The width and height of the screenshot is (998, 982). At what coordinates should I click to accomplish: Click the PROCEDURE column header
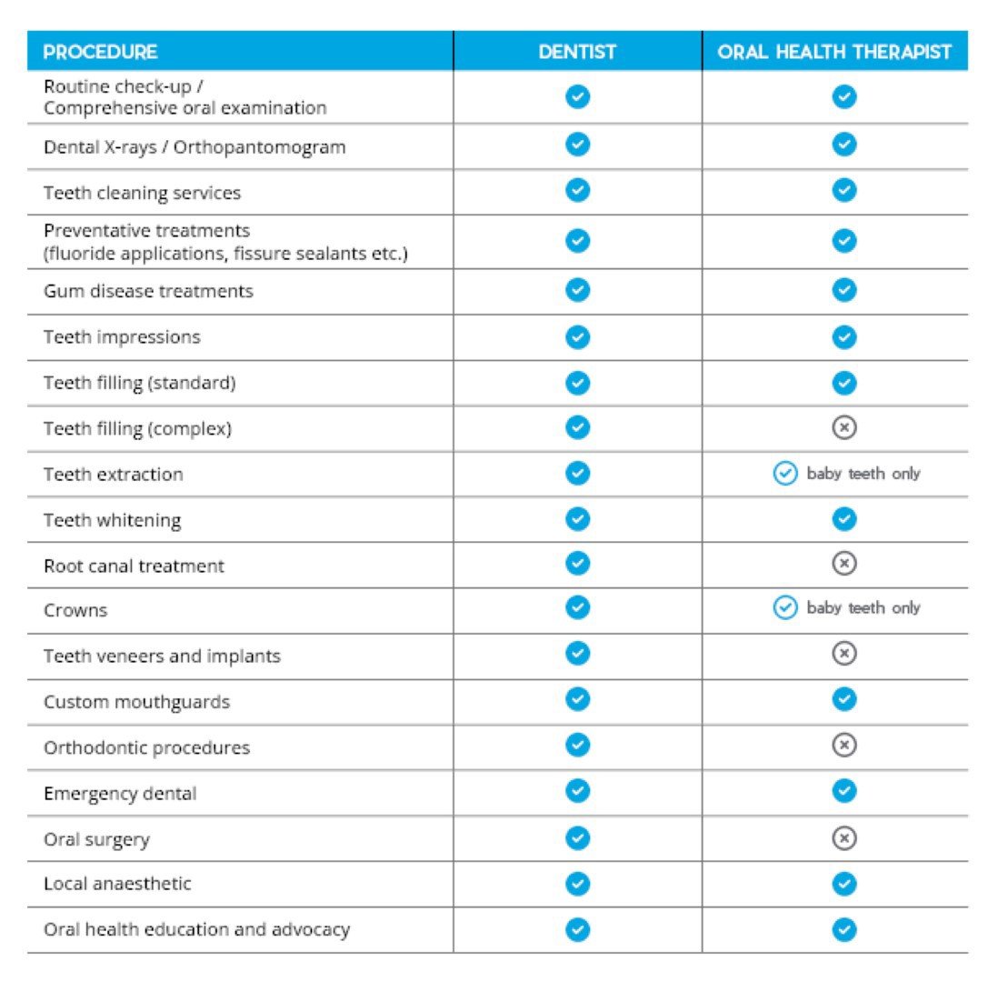[101, 52]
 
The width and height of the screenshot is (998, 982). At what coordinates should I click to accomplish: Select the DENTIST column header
[577, 52]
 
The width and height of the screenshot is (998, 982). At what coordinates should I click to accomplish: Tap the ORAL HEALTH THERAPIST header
[834, 52]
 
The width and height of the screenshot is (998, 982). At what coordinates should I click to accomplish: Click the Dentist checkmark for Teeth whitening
[577, 519]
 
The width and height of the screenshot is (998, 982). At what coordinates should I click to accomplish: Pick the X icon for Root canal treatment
[844, 565]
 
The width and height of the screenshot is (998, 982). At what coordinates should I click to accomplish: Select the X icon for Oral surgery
[844, 838]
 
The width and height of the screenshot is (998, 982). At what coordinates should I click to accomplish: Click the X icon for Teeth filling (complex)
[844, 427]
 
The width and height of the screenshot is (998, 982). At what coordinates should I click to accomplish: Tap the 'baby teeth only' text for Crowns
[863, 608]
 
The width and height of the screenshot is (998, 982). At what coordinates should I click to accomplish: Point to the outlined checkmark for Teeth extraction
[784, 474]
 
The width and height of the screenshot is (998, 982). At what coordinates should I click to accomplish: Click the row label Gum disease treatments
[148, 291]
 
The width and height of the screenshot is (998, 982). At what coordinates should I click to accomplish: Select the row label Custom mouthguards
[136, 702]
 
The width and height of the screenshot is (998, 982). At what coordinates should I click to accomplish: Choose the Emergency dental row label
[120, 794]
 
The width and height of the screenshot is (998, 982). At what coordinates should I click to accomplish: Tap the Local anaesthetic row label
[117, 884]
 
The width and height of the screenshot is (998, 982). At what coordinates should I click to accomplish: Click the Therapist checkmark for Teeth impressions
[844, 337]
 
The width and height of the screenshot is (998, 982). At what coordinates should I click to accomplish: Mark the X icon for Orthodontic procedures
[844, 746]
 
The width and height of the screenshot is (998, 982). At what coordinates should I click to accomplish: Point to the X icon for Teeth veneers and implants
[844, 654]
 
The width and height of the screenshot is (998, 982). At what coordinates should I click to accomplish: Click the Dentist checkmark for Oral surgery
[577, 838]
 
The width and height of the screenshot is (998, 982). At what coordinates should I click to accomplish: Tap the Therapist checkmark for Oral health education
[844, 929]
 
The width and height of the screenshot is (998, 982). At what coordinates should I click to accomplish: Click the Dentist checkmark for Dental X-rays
[577, 145]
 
